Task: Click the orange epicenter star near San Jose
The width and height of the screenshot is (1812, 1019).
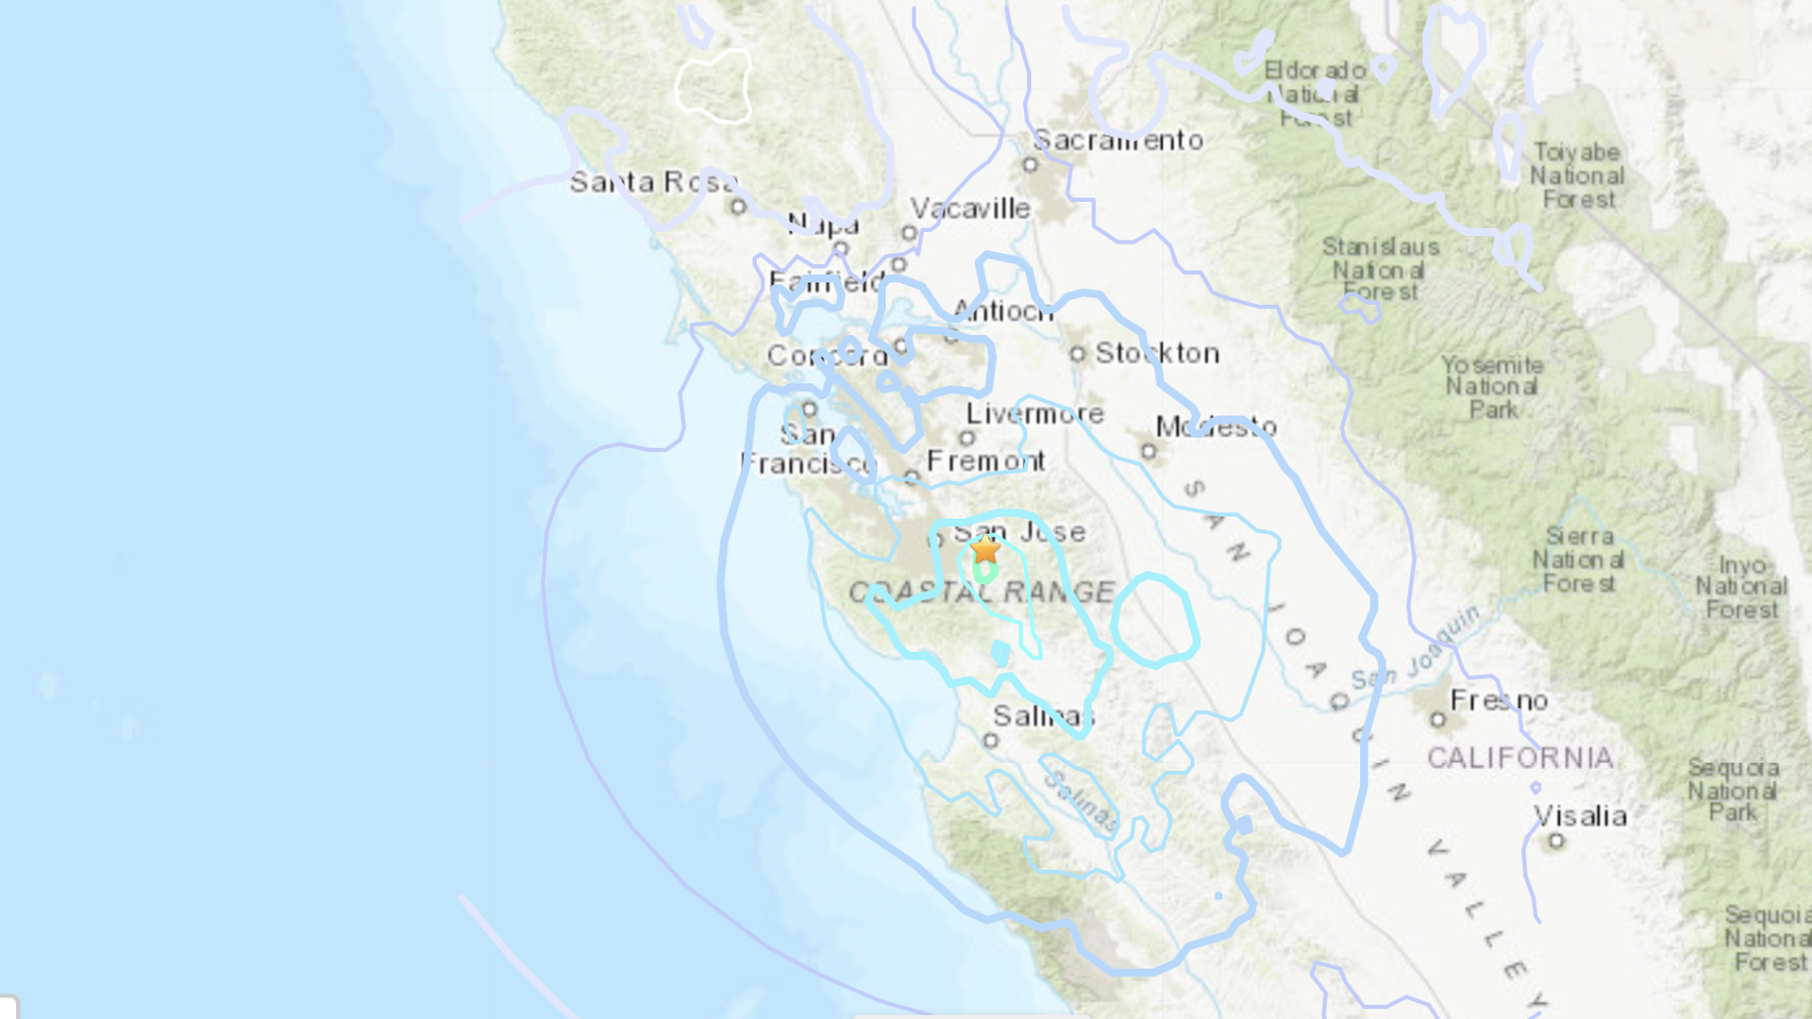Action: point(985,549)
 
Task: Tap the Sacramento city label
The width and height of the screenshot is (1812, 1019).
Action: point(1118,141)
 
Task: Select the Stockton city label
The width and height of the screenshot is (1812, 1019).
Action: point(1157,354)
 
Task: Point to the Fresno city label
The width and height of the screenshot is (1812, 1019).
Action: point(1499,700)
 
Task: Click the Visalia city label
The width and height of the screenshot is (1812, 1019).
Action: point(1580,816)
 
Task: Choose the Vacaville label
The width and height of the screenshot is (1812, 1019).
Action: point(970,209)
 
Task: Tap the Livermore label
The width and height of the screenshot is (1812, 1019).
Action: point(1034,413)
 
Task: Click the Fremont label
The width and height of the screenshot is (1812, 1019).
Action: point(985,461)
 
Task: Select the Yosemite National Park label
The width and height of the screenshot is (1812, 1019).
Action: point(1492,387)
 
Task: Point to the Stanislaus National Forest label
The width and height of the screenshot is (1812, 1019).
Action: point(1380,269)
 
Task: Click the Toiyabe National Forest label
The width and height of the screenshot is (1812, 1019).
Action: point(1577,175)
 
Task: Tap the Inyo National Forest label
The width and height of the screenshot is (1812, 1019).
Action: point(1741,587)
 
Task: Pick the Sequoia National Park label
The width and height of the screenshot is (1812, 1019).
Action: point(1733,790)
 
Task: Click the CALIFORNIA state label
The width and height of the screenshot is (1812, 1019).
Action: point(1519,758)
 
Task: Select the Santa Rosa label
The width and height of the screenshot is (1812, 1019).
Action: point(653,181)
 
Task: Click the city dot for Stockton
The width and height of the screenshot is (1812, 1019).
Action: point(1078,354)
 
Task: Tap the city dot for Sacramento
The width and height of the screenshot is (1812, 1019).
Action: point(1031,165)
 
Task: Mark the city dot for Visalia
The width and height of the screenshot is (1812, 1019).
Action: point(1556,841)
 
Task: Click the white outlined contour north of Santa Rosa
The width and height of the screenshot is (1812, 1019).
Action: point(713,87)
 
